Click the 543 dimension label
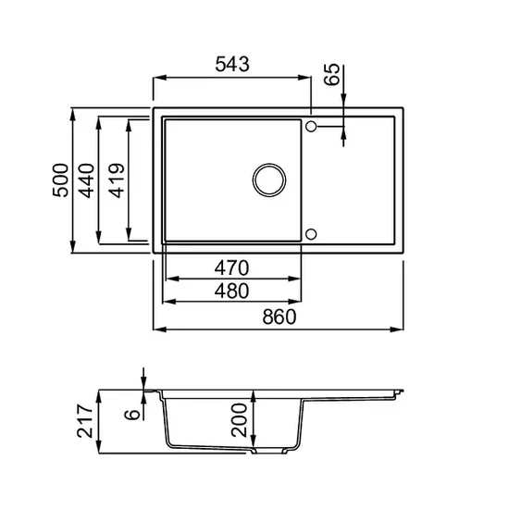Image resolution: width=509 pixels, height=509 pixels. (x=232, y=64)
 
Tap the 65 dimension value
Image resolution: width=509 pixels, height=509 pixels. (x=332, y=74)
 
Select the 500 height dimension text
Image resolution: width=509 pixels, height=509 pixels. (x=61, y=180)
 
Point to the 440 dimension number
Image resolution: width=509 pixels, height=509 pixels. (x=87, y=180)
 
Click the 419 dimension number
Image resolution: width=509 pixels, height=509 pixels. (x=117, y=180)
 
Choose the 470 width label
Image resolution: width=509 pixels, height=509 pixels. (x=231, y=268)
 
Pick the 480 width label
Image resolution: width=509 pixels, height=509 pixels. (x=231, y=291)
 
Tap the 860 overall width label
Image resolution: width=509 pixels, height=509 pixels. (x=279, y=317)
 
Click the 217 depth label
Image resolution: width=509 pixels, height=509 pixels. (x=85, y=420)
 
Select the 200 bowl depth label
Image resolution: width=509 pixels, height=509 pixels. (x=240, y=420)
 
